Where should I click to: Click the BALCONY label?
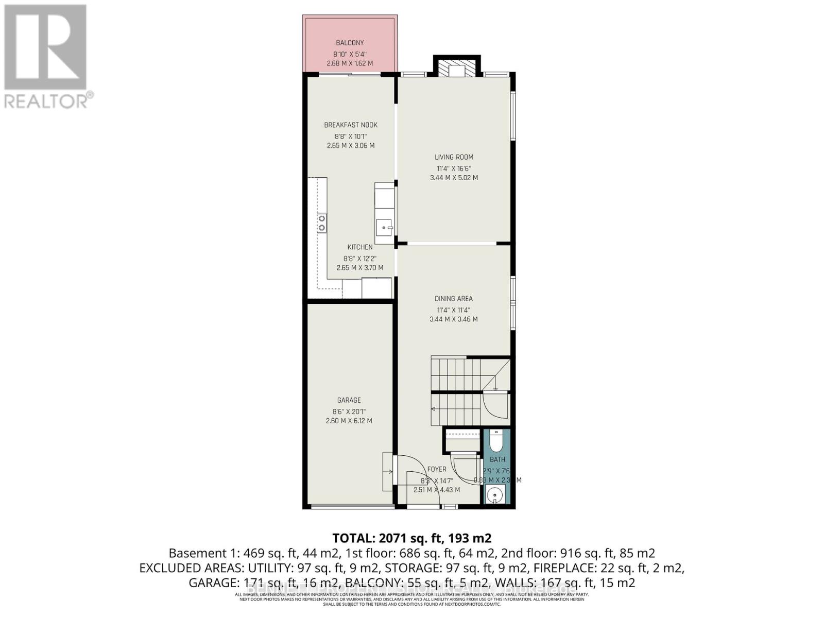pos(350,43)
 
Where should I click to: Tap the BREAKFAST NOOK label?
pos(351,125)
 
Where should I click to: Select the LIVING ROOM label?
pos(454,157)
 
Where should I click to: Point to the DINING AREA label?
pos(453,298)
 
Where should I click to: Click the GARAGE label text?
pos(349,400)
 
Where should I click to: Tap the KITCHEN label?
pos(359,247)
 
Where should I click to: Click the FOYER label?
pos(437,469)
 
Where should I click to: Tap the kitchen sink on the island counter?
pos(384,226)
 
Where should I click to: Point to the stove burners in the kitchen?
pos(322,223)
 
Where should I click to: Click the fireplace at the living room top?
pos(457,70)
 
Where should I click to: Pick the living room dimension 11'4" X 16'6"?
pos(454,168)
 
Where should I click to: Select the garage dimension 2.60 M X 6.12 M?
pos(349,421)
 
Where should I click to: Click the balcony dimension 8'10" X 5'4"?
pos(350,54)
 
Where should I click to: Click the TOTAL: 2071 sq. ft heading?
pos(411,538)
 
